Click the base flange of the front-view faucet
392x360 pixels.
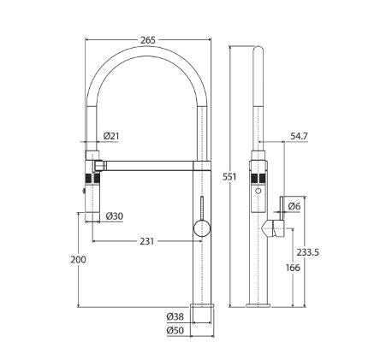tap(201, 304)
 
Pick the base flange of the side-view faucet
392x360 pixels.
tap(258, 304)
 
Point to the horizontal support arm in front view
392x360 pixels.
tap(154, 162)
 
